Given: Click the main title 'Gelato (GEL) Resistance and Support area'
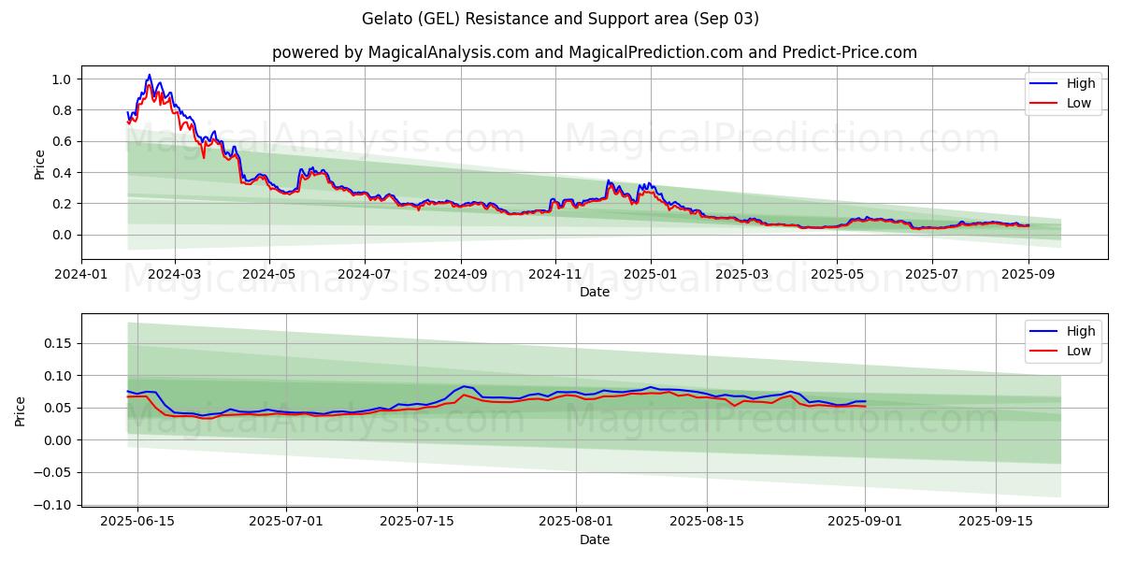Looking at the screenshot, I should [x=560, y=19].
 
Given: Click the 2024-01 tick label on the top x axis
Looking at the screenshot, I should [x=81, y=274].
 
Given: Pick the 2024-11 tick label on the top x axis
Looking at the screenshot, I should [x=555, y=274].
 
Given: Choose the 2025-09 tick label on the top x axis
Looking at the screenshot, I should [x=1028, y=274].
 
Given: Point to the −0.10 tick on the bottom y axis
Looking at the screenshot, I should [x=54, y=505].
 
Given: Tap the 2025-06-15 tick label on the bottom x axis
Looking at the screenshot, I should [x=137, y=522].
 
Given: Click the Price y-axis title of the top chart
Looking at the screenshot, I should [x=39, y=165].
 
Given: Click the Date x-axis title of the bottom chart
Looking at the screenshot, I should [x=594, y=539].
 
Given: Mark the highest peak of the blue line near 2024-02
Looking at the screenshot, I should [x=149, y=75].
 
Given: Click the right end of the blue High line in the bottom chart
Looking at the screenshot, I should [x=866, y=401].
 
